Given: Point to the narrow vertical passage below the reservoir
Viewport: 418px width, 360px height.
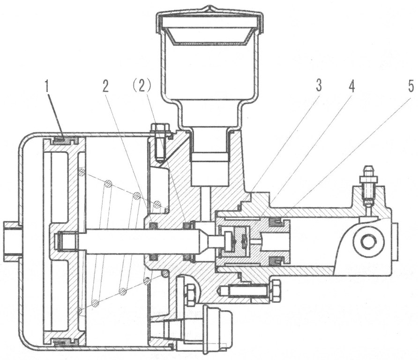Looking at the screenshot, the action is [206, 200].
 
